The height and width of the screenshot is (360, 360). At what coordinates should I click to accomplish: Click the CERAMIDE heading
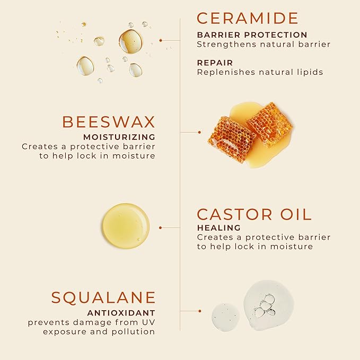click(x=248, y=18)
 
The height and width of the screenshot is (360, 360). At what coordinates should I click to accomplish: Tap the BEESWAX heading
click(x=109, y=121)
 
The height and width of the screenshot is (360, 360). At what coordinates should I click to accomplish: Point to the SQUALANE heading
click(x=103, y=297)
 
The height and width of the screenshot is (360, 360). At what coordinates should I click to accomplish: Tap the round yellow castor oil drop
click(x=126, y=226)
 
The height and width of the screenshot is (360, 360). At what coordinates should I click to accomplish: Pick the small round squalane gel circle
click(x=225, y=317)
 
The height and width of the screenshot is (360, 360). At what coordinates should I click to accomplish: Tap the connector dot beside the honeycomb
click(x=199, y=132)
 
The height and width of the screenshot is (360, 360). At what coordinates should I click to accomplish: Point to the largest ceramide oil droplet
click(x=130, y=41)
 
